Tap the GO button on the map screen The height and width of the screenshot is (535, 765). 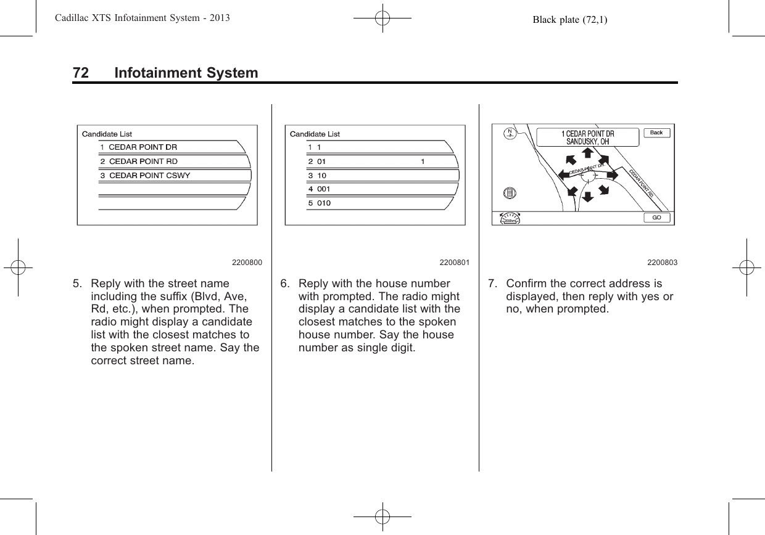[x=656, y=218]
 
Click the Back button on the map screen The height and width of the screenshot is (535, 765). [x=656, y=133]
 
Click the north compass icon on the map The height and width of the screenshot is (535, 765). [x=510, y=133]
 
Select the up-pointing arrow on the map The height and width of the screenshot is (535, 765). [x=588, y=153]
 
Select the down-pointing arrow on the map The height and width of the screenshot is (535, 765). [x=588, y=197]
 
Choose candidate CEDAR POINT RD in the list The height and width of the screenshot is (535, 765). [x=143, y=161]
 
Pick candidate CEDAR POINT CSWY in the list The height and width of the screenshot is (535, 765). [x=150, y=175]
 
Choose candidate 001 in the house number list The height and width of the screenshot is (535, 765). [x=323, y=189]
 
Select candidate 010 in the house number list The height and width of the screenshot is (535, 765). [x=323, y=203]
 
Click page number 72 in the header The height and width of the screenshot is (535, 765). [x=80, y=73]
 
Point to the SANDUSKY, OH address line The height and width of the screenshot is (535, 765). [x=587, y=141]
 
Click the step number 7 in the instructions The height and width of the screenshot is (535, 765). [x=491, y=284]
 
